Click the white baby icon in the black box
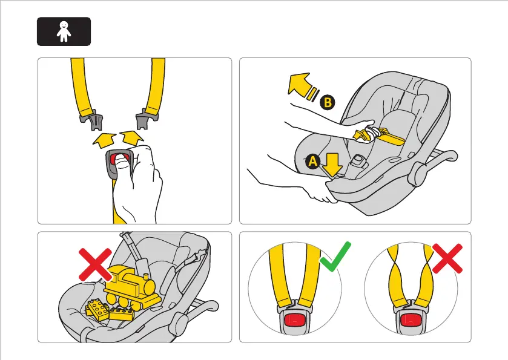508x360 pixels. [64, 31]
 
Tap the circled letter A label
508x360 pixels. [312, 161]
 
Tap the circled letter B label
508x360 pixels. [328, 103]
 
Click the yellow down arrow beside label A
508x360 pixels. [332, 165]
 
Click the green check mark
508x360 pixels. [335, 257]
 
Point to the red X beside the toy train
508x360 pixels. [95, 265]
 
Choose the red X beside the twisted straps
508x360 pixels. [447, 258]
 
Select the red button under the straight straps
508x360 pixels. [295, 320]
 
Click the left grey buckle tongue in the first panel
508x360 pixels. [93, 120]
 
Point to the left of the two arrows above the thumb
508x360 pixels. [104, 140]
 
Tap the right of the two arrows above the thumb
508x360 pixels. [132, 138]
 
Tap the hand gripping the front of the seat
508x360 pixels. [319, 191]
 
